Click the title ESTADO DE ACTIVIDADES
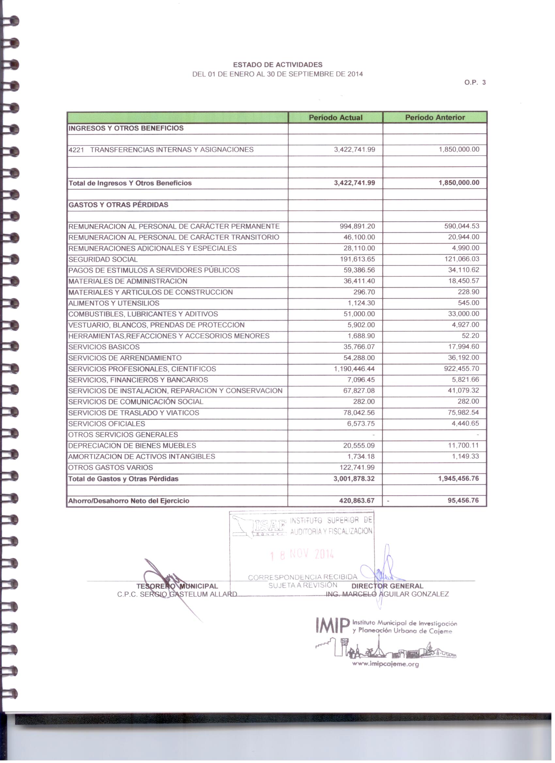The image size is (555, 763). click(x=278, y=65)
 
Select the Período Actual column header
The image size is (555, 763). click(x=336, y=117)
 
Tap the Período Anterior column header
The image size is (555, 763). click(x=435, y=117)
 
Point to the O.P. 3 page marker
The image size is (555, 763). click(x=475, y=83)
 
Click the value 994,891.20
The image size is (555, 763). click(x=357, y=226)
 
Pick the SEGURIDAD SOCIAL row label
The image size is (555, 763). click(x=103, y=259)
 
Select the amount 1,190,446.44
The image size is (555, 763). click(x=354, y=369)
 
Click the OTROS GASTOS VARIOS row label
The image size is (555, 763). click(x=110, y=468)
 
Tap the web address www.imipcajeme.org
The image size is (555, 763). click(x=385, y=664)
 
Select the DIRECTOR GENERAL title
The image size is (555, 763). click(x=387, y=586)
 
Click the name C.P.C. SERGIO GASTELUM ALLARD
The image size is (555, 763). click(x=177, y=594)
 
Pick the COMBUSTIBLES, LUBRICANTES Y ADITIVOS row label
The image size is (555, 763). click(x=143, y=314)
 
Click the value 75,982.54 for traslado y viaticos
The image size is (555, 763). click(x=461, y=413)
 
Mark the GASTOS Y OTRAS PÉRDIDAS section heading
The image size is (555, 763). click(x=118, y=205)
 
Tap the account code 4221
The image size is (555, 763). click(x=76, y=150)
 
